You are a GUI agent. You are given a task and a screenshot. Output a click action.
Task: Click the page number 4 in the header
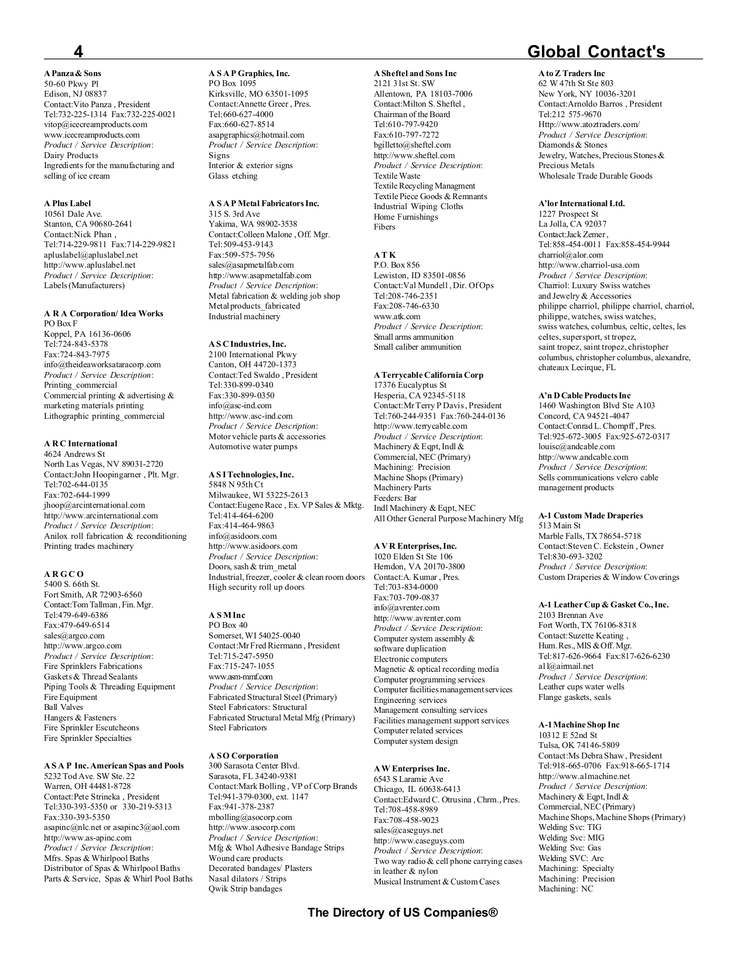click(x=78, y=52)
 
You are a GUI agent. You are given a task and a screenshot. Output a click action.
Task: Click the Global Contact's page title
click(x=596, y=52)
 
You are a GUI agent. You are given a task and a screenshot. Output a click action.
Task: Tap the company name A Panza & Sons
click(x=73, y=73)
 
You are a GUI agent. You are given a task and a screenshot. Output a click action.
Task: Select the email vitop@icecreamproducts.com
click(x=95, y=124)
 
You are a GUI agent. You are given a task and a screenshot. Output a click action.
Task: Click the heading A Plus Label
click(x=67, y=203)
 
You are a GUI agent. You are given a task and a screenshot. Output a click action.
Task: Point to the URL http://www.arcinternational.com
click(x=101, y=515)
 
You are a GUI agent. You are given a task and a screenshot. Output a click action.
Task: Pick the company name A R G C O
click(x=64, y=574)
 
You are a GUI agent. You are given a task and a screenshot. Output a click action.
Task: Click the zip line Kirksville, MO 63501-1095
click(x=258, y=94)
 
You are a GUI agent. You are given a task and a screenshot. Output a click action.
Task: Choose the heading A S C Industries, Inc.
click(x=247, y=344)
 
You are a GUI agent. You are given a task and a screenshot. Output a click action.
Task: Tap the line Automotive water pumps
click(x=253, y=446)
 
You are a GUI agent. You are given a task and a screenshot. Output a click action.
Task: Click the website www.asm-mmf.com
click(x=240, y=676)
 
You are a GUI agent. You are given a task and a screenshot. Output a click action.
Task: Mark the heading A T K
click(x=384, y=255)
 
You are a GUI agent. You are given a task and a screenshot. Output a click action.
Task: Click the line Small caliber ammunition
click(x=417, y=347)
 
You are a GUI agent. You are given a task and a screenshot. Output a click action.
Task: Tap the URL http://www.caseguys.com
click(x=419, y=840)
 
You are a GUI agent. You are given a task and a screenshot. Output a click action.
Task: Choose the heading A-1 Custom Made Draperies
click(x=591, y=515)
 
